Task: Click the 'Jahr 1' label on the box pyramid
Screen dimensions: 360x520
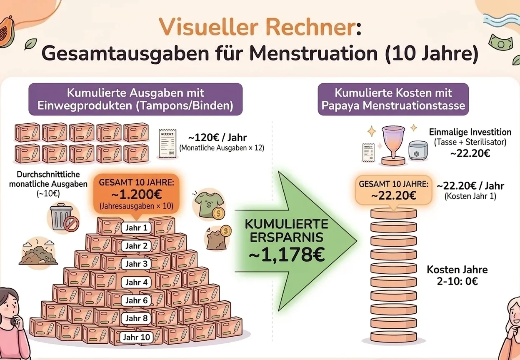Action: pos(136,228)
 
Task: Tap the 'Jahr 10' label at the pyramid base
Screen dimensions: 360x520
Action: pos(136,337)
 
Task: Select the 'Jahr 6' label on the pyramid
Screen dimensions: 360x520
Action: pos(136,300)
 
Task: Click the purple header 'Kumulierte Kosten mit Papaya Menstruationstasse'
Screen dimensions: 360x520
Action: pos(393,99)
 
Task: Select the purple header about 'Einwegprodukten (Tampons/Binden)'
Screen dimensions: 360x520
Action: pos(135,99)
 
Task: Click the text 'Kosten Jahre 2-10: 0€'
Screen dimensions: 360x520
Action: pos(457,275)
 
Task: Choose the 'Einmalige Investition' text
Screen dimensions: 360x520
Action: pos(470,132)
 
